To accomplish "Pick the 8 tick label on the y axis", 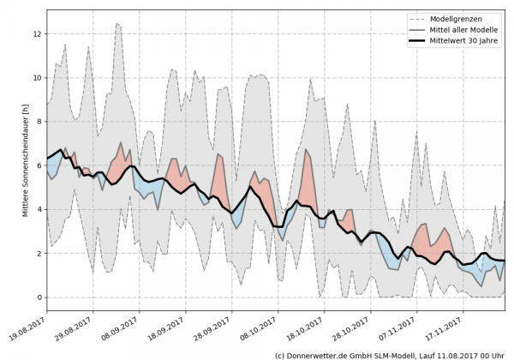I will pos(39,122).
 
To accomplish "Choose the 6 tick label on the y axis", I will pos(39,165).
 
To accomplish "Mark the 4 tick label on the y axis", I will pos(39,210).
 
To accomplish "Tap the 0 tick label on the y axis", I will pos(39,297).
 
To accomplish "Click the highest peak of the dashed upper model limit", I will pos(117,24).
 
